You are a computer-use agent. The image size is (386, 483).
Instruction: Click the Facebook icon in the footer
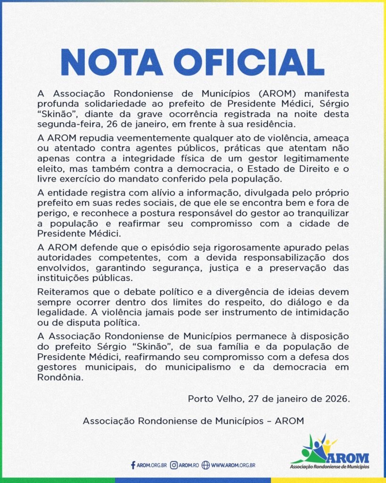(x=133, y=465)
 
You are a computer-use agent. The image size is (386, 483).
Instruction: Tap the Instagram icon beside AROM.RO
(x=174, y=465)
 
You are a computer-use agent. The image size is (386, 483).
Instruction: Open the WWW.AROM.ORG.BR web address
(x=233, y=465)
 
